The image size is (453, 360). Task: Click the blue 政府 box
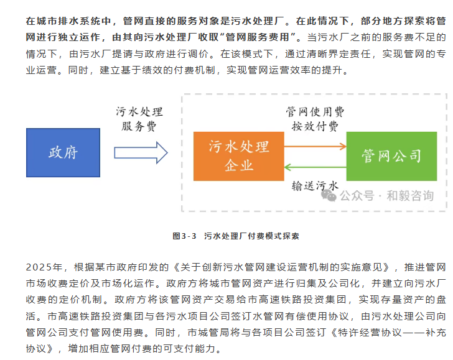click(x=63, y=152)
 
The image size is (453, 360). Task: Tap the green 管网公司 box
click(x=391, y=155)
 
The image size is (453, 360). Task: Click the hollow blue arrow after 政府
click(x=141, y=152)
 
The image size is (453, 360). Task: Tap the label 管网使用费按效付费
click(x=315, y=119)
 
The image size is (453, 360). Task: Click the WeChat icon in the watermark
click(x=329, y=196)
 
